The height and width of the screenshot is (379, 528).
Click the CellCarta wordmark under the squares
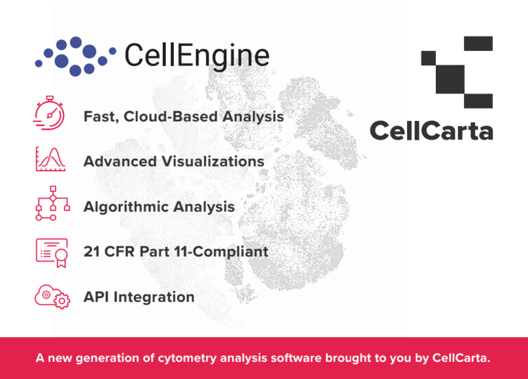tap(431, 129)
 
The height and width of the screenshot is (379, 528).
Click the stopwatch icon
tap(49, 113)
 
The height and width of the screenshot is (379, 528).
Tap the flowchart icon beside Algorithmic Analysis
tap(50, 205)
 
